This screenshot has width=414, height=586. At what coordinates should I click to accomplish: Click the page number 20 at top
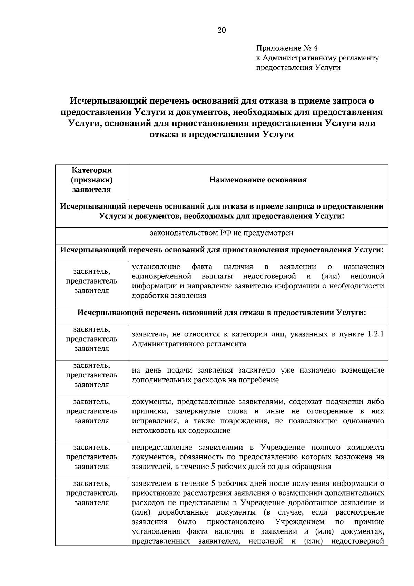click(x=221, y=30)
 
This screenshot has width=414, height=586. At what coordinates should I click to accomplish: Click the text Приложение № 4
click(x=289, y=48)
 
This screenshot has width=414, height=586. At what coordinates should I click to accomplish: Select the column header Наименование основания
click(x=258, y=180)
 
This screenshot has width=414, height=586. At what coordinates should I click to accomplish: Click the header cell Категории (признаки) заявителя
click(x=91, y=180)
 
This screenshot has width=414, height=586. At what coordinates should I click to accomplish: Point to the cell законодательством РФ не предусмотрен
click(x=221, y=233)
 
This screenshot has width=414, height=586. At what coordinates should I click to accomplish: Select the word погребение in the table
click(x=257, y=380)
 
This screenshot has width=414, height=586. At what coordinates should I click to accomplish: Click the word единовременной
click(x=161, y=276)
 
